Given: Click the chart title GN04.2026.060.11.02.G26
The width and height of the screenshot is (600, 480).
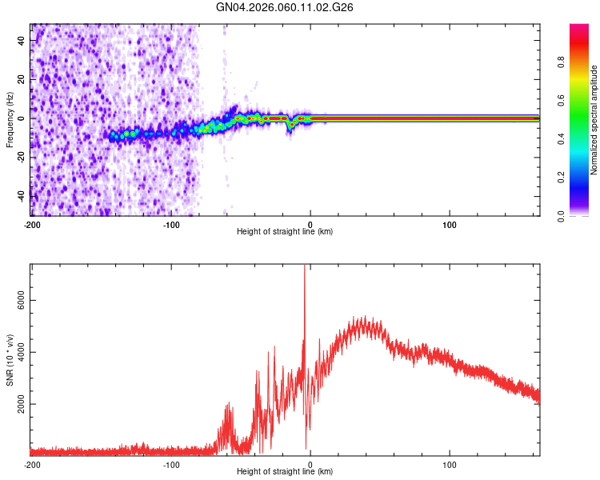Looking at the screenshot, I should coord(286,7).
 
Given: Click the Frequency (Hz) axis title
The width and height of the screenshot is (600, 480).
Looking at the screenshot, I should coord(9,120).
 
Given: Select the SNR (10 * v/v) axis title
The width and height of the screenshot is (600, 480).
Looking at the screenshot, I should coord(9,360).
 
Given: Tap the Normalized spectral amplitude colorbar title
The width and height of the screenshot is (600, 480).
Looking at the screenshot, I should coord(594,120).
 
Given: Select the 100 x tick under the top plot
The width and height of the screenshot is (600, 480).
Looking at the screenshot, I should coord(450,224).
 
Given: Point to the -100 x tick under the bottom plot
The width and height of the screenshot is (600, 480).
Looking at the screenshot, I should coord(171,464).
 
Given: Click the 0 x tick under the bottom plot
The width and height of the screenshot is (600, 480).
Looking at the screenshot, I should coord(310,464).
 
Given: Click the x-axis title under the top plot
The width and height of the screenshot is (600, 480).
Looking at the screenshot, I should coord(285,232).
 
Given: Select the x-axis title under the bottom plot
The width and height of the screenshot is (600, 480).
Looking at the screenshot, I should coord(285,472).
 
